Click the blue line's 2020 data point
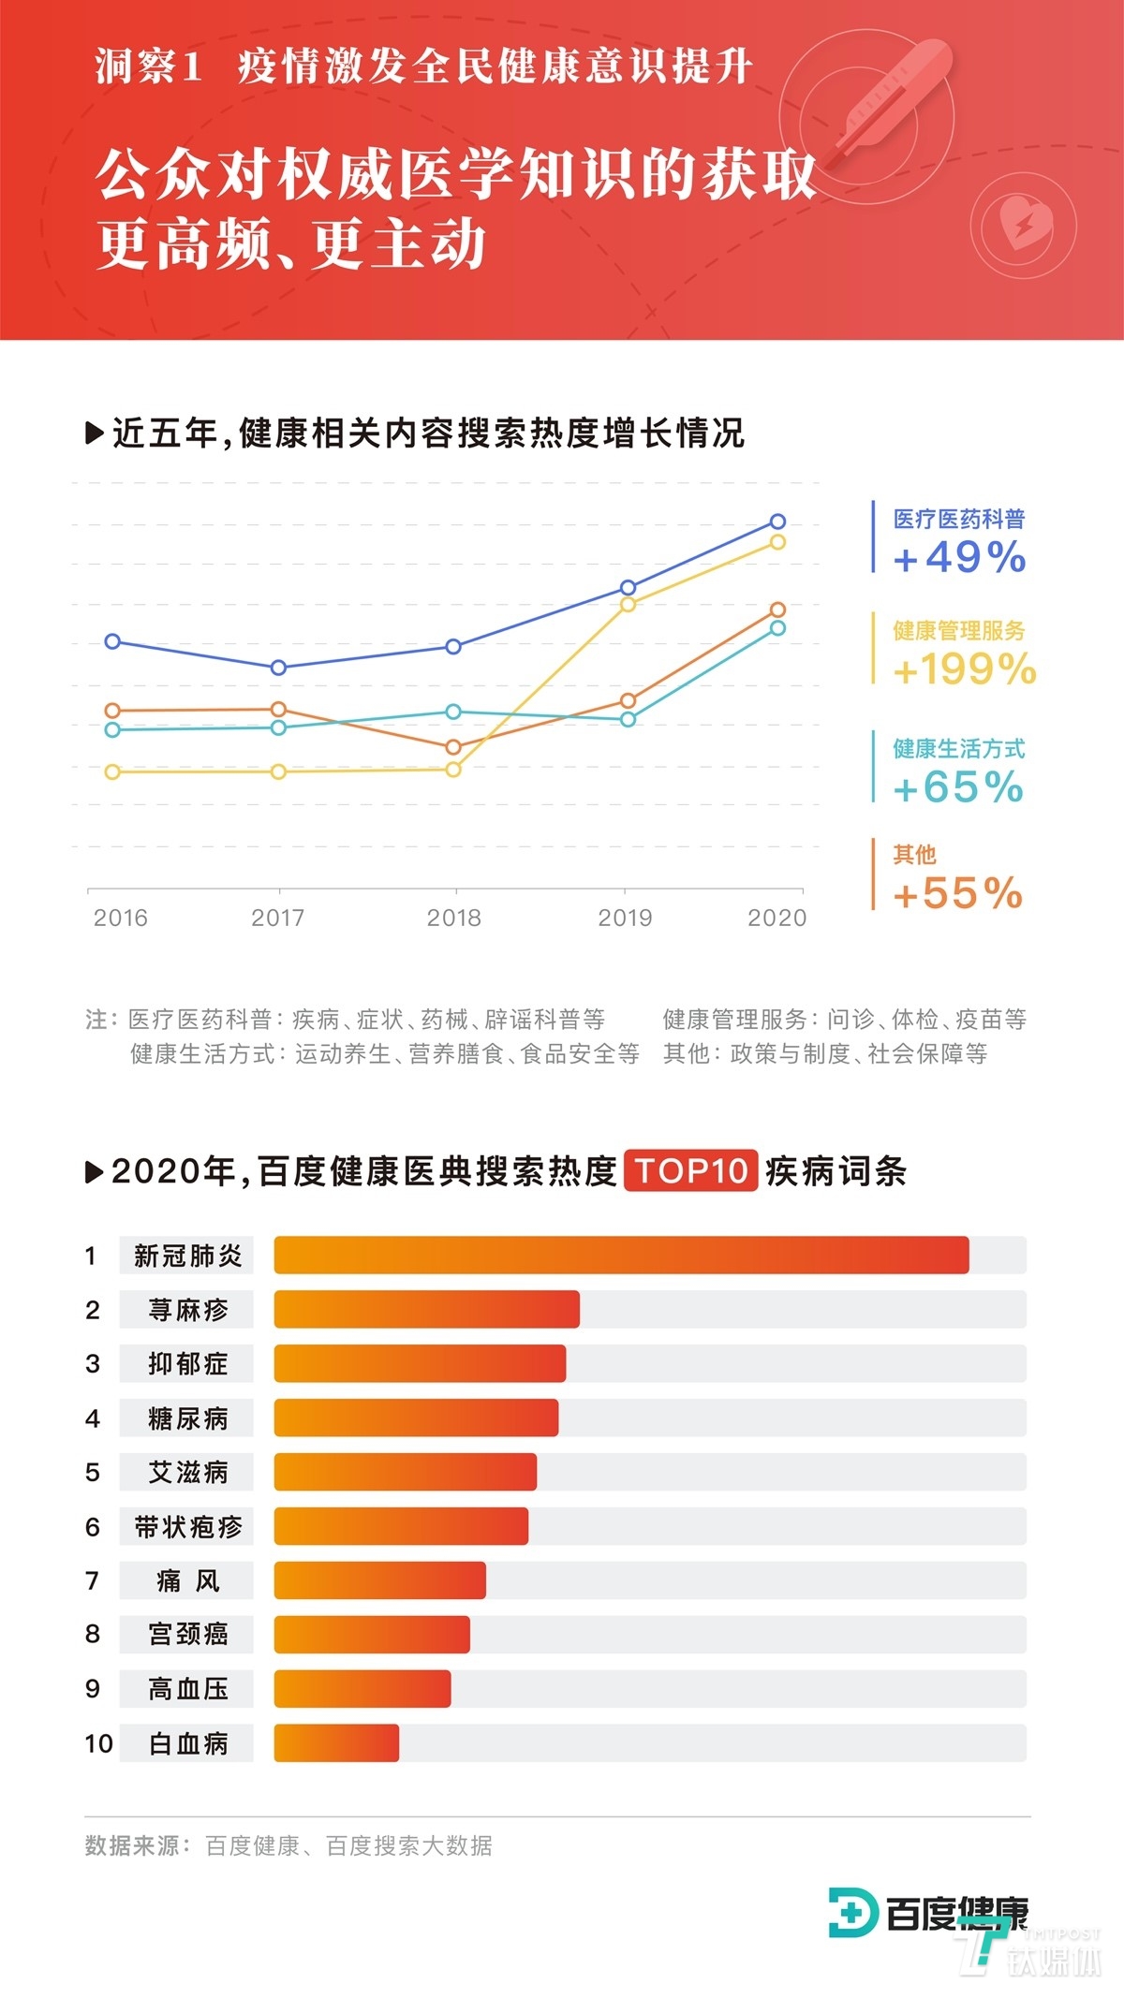tap(777, 522)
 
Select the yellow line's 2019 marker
tap(629, 605)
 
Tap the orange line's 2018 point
tap(453, 747)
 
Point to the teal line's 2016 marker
tap(112, 729)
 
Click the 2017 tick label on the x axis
tap(278, 918)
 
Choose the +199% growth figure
tap(964, 669)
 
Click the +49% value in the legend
tap(959, 558)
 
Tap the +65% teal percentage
tap(958, 787)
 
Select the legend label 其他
tap(914, 854)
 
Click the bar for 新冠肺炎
tap(621, 1255)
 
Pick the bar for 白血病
tap(336, 1743)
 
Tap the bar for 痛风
tap(379, 1580)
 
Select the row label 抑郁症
tap(187, 1363)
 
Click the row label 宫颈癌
tap(187, 1635)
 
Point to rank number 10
tap(98, 1743)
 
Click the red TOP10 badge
tap(691, 1170)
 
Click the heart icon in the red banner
tap(1023, 225)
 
